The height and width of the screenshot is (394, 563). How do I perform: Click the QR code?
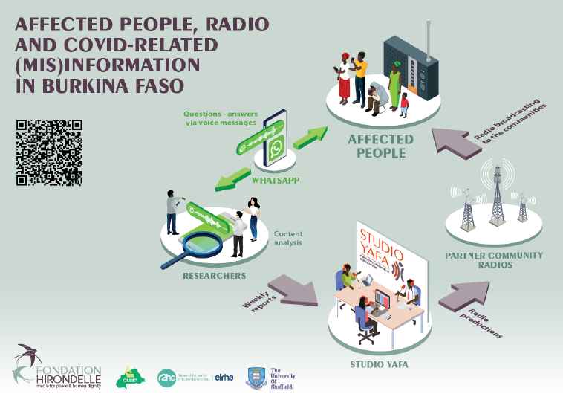pyautogui.click(x=49, y=152)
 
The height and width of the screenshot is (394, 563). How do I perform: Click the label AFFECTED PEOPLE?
pyautogui.click(x=382, y=146)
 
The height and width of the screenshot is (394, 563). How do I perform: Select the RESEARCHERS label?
pyautogui.click(x=214, y=276)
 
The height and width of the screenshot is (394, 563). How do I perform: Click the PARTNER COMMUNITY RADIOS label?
pyautogui.click(x=493, y=260)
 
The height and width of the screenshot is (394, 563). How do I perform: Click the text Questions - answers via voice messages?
pyautogui.click(x=219, y=118)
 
